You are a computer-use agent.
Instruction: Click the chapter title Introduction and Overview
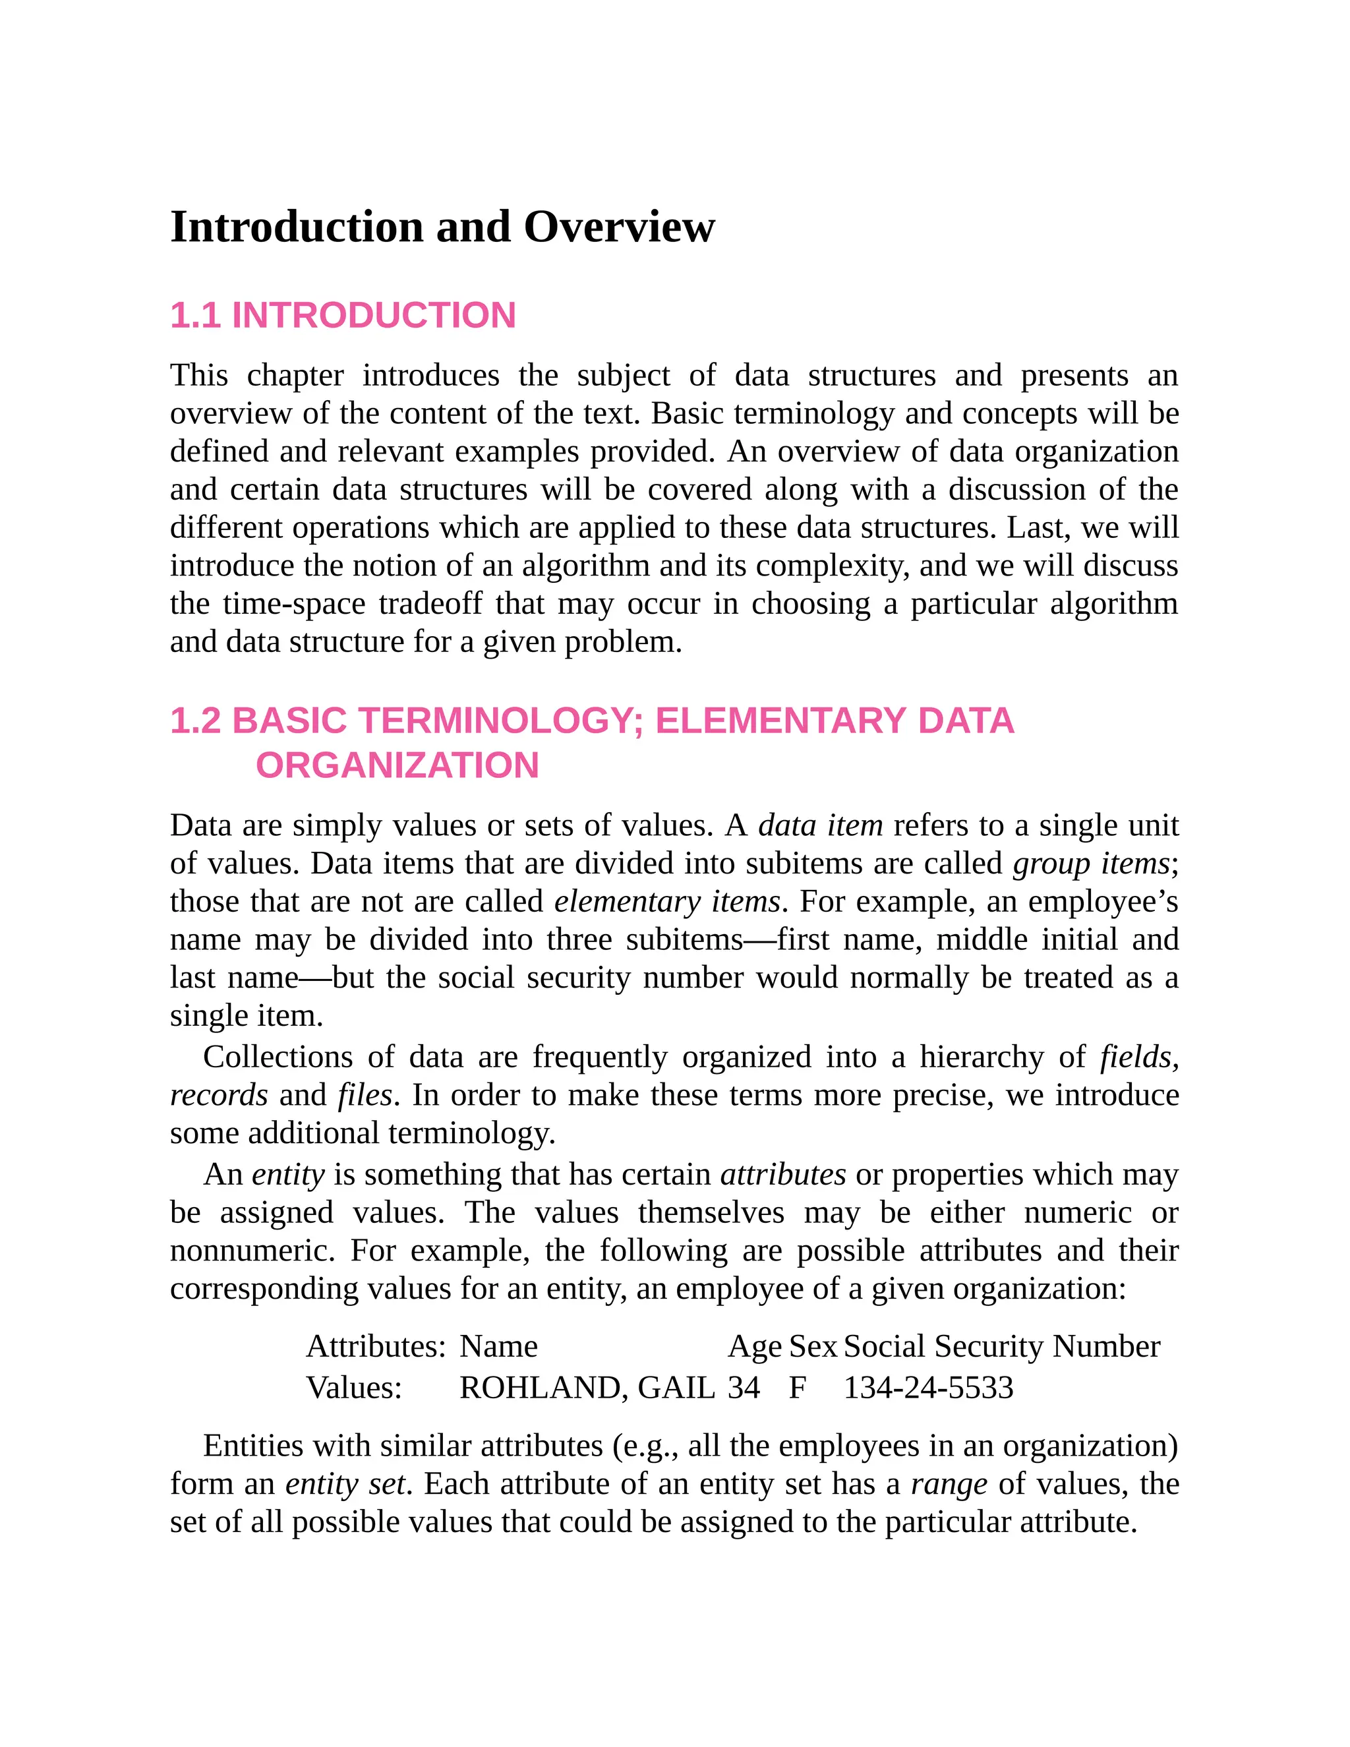(x=442, y=227)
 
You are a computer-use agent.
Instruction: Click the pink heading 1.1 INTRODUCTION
(x=342, y=315)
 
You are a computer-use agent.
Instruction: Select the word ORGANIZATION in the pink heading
(x=397, y=765)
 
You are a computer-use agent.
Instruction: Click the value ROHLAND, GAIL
(x=586, y=1388)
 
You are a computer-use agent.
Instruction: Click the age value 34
(x=743, y=1388)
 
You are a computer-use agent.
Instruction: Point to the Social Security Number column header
(x=1001, y=1346)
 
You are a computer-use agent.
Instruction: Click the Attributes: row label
(x=375, y=1346)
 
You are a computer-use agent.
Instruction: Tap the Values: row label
(x=353, y=1388)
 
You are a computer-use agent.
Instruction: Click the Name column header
(x=498, y=1346)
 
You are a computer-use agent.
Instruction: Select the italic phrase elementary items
(x=667, y=901)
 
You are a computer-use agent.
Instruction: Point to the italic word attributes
(x=783, y=1175)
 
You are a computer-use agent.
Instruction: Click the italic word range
(x=949, y=1485)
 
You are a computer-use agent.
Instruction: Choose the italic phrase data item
(x=820, y=825)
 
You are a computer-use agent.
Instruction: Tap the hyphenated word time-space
(x=293, y=604)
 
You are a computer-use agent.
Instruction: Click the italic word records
(x=218, y=1096)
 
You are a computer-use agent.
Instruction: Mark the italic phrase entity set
(x=345, y=1485)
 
